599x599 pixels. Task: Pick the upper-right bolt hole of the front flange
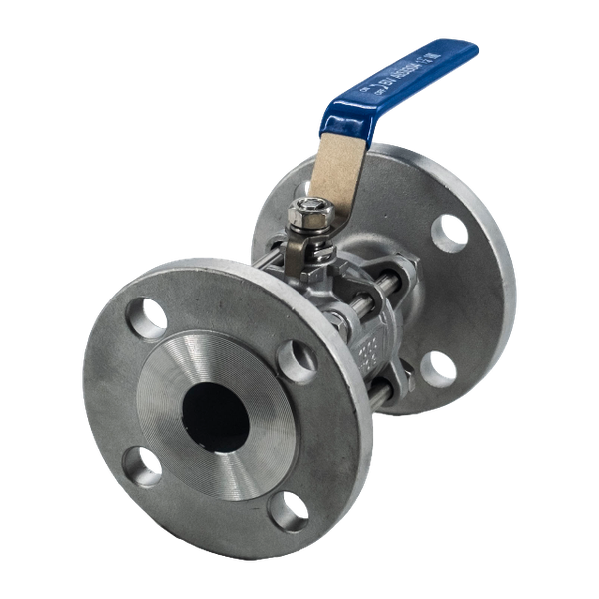297,357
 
